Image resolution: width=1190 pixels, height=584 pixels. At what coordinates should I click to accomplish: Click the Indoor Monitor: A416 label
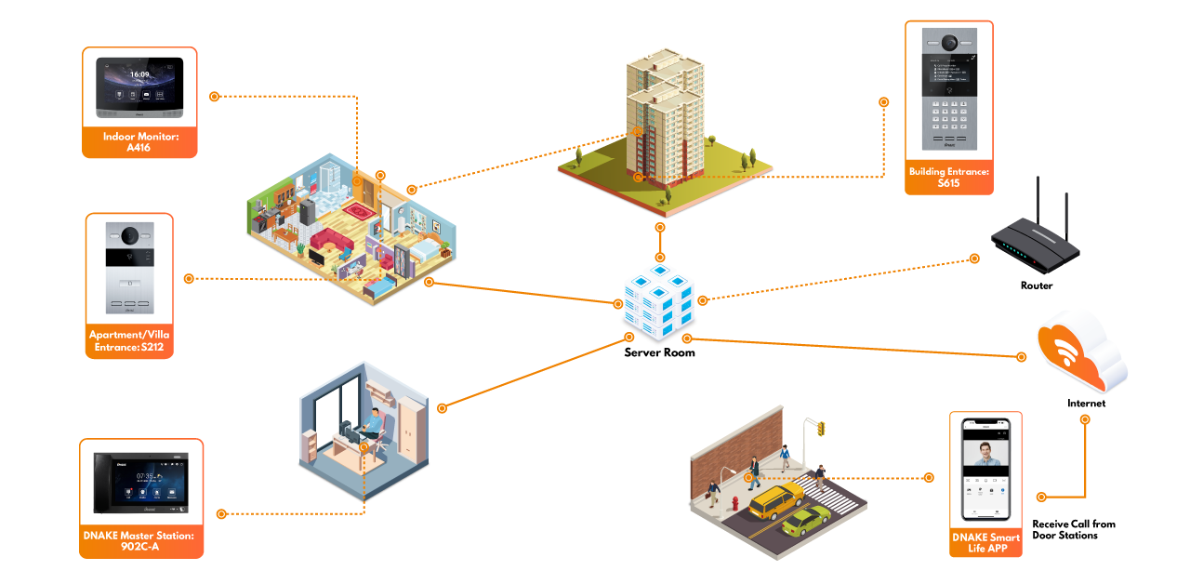click(x=139, y=142)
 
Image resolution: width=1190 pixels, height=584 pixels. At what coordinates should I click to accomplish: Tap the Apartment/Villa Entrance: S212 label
click(x=129, y=341)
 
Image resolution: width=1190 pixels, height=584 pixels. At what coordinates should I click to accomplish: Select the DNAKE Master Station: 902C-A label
click(x=141, y=541)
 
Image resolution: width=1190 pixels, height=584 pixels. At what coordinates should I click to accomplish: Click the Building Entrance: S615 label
click(x=948, y=178)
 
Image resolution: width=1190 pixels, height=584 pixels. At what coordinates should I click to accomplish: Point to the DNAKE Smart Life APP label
click(x=985, y=543)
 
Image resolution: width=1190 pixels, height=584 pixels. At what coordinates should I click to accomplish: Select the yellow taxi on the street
click(x=774, y=501)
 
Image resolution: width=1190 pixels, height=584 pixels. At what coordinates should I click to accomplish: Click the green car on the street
click(x=806, y=522)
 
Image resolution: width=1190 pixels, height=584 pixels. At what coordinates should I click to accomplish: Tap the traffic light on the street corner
click(x=820, y=429)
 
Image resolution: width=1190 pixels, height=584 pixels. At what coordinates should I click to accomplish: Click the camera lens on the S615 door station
click(x=949, y=44)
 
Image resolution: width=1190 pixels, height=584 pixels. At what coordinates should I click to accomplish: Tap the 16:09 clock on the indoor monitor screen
click(x=139, y=74)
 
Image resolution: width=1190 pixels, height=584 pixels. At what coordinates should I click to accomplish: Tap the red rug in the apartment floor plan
click(x=358, y=211)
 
